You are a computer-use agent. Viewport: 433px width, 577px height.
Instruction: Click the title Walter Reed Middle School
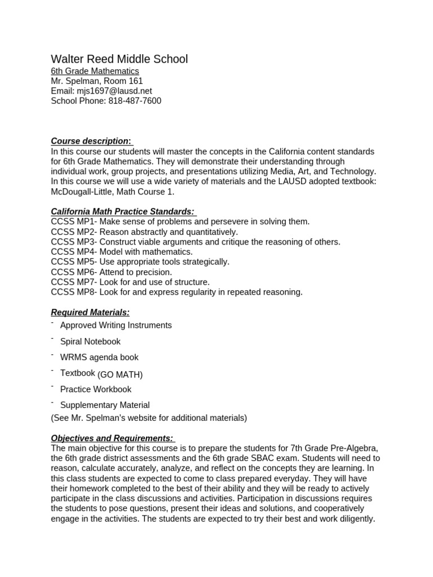click(120, 59)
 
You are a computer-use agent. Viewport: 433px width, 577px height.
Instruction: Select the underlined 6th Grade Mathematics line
click(95, 71)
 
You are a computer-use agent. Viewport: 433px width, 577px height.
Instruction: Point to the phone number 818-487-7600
click(135, 101)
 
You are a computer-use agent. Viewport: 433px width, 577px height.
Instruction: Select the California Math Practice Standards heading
click(123, 211)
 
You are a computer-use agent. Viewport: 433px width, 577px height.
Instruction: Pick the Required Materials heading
click(90, 312)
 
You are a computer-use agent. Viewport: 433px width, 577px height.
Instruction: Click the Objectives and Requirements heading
click(112, 438)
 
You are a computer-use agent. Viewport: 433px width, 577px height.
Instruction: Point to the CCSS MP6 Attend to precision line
click(111, 272)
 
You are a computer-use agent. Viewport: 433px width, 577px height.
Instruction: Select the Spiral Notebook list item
click(90, 341)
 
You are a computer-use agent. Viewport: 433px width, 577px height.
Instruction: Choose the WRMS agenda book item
click(99, 357)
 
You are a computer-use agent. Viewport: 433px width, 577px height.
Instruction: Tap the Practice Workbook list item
click(96, 389)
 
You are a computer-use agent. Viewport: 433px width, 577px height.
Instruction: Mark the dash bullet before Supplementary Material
click(52, 403)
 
